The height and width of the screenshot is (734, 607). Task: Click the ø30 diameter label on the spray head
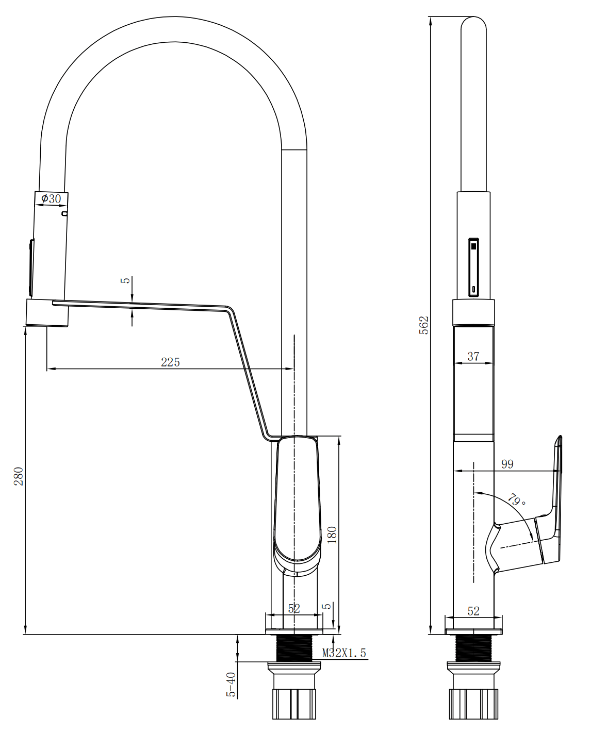click(x=51, y=198)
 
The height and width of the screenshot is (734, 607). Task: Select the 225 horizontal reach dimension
click(x=170, y=362)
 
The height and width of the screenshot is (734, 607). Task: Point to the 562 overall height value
click(x=423, y=325)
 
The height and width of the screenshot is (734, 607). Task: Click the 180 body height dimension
click(x=332, y=535)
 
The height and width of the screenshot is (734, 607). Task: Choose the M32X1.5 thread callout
click(x=344, y=653)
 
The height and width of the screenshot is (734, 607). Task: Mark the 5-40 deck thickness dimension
click(x=231, y=685)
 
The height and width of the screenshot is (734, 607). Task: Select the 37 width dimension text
click(x=473, y=356)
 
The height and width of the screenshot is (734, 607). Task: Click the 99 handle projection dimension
click(x=507, y=464)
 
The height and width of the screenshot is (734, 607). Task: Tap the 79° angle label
click(x=517, y=500)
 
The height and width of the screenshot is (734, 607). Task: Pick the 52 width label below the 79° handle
click(x=473, y=611)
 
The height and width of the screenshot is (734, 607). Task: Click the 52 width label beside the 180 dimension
click(x=294, y=609)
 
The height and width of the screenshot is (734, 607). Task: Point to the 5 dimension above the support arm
click(x=125, y=280)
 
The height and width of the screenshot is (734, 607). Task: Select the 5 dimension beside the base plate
click(x=326, y=606)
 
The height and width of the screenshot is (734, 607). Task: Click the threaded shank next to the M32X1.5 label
click(x=294, y=648)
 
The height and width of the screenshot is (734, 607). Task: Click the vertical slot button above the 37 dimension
click(x=473, y=267)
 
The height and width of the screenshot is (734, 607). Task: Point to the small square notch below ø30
click(x=64, y=213)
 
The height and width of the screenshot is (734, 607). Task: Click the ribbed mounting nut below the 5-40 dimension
click(x=294, y=704)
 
